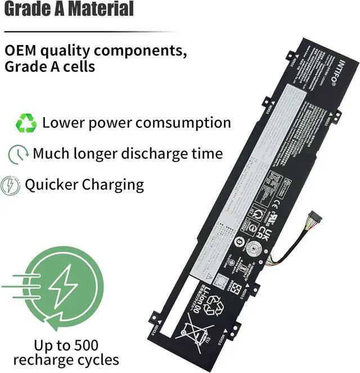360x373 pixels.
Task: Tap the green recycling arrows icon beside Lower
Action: click(x=26, y=123)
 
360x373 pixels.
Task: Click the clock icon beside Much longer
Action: click(x=19, y=154)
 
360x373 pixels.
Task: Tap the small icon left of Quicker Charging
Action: click(x=10, y=185)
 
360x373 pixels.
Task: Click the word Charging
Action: click(x=113, y=185)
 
